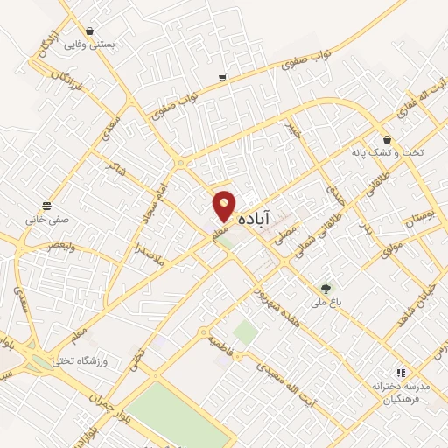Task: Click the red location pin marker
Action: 225,206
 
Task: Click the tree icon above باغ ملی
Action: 326,288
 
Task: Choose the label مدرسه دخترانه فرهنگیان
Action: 402,393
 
